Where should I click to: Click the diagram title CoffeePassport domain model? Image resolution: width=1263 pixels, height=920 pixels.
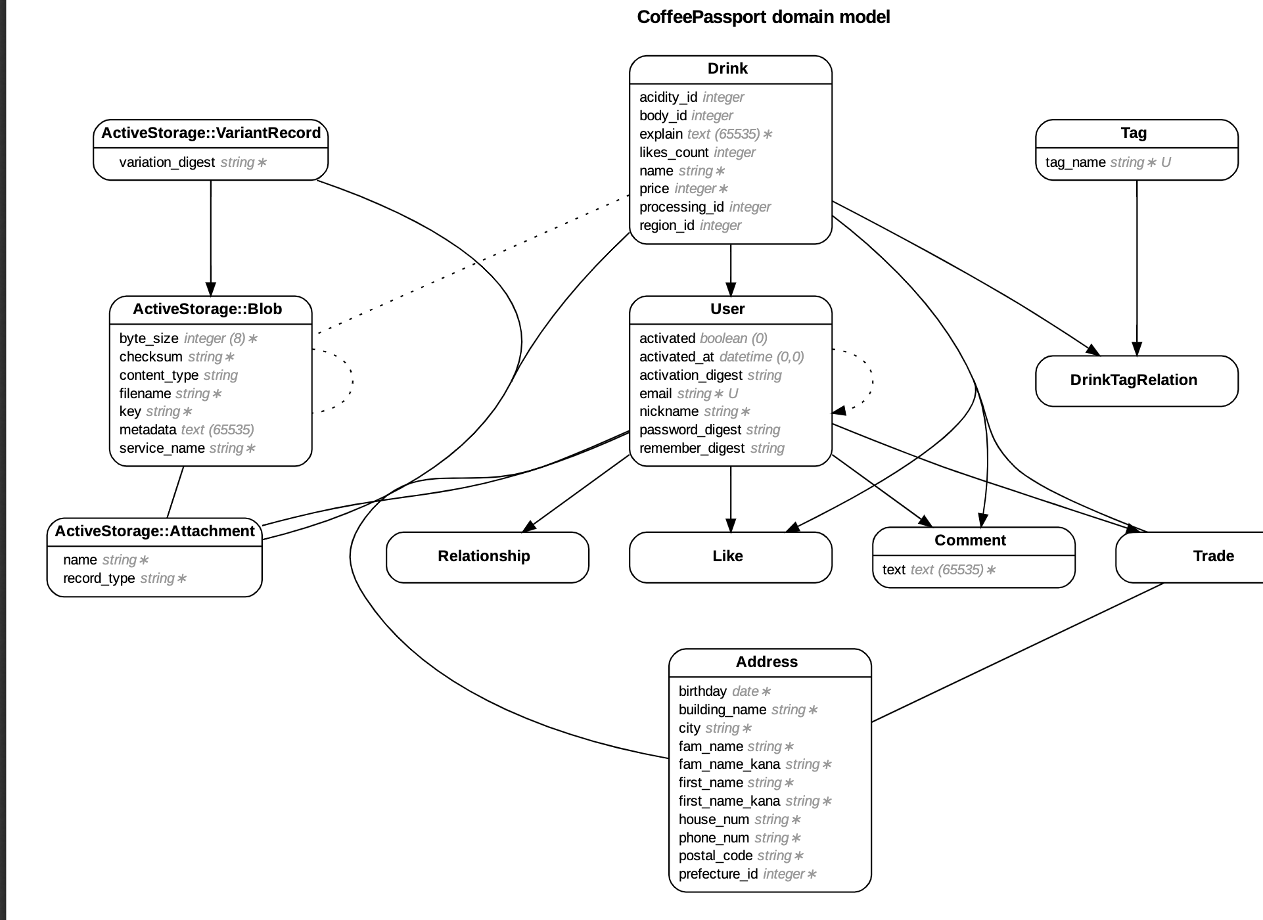click(763, 17)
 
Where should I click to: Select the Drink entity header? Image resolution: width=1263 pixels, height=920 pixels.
click(727, 69)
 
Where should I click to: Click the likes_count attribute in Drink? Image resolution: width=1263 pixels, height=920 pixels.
click(674, 152)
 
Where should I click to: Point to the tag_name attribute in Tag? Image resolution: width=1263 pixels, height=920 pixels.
click(1076, 162)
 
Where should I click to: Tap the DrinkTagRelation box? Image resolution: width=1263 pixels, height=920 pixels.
click(1134, 380)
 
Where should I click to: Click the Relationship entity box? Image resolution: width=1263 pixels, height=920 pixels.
click(484, 556)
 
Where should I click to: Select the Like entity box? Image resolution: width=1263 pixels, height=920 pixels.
click(727, 556)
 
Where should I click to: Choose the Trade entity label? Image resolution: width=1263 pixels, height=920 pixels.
click(1213, 556)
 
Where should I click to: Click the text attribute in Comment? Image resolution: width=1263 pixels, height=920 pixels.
click(894, 570)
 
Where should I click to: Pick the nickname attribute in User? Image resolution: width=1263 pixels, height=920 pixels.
click(669, 411)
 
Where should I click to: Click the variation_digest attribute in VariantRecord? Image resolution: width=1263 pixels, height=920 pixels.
click(167, 162)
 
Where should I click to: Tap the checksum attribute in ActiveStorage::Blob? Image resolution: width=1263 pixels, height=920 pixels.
click(151, 357)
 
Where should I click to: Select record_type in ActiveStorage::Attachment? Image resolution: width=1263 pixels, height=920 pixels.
click(99, 578)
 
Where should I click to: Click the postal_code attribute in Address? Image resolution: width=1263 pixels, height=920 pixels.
click(716, 856)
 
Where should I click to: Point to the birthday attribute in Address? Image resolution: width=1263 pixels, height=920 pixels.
click(702, 691)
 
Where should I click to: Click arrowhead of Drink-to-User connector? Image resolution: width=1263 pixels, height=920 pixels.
click(731, 289)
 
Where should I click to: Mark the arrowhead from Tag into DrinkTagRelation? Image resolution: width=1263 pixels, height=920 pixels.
click(1137, 349)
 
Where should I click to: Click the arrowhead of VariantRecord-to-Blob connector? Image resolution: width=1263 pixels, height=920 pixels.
click(211, 289)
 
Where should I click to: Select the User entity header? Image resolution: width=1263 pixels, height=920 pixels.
click(727, 310)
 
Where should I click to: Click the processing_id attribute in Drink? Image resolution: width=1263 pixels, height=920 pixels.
click(681, 207)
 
